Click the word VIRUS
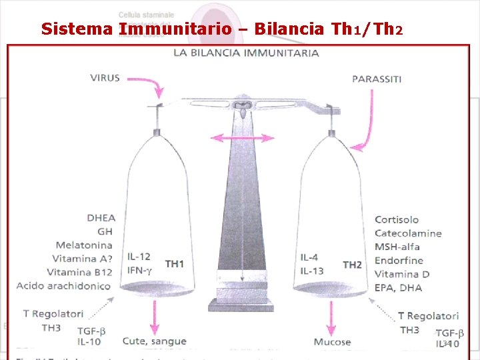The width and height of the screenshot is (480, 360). point(105,77)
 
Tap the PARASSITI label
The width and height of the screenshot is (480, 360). point(377,79)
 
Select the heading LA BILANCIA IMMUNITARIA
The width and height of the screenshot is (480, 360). point(246,53)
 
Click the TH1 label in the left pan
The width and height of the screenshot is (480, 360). point(175,264)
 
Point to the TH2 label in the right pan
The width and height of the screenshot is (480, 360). point(352,265)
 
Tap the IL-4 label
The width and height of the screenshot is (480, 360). point(309,257)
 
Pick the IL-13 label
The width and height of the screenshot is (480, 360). point(311,270)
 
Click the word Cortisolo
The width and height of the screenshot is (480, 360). point(397,219)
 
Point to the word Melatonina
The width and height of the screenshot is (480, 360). point(83,245)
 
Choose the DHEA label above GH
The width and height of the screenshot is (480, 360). point(101,217)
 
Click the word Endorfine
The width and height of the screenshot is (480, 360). point(399,261)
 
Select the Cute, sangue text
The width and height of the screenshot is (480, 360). point(154,341)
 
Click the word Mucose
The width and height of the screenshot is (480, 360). point(332,342)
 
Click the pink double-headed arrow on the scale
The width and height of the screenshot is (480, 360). point(243,138)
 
